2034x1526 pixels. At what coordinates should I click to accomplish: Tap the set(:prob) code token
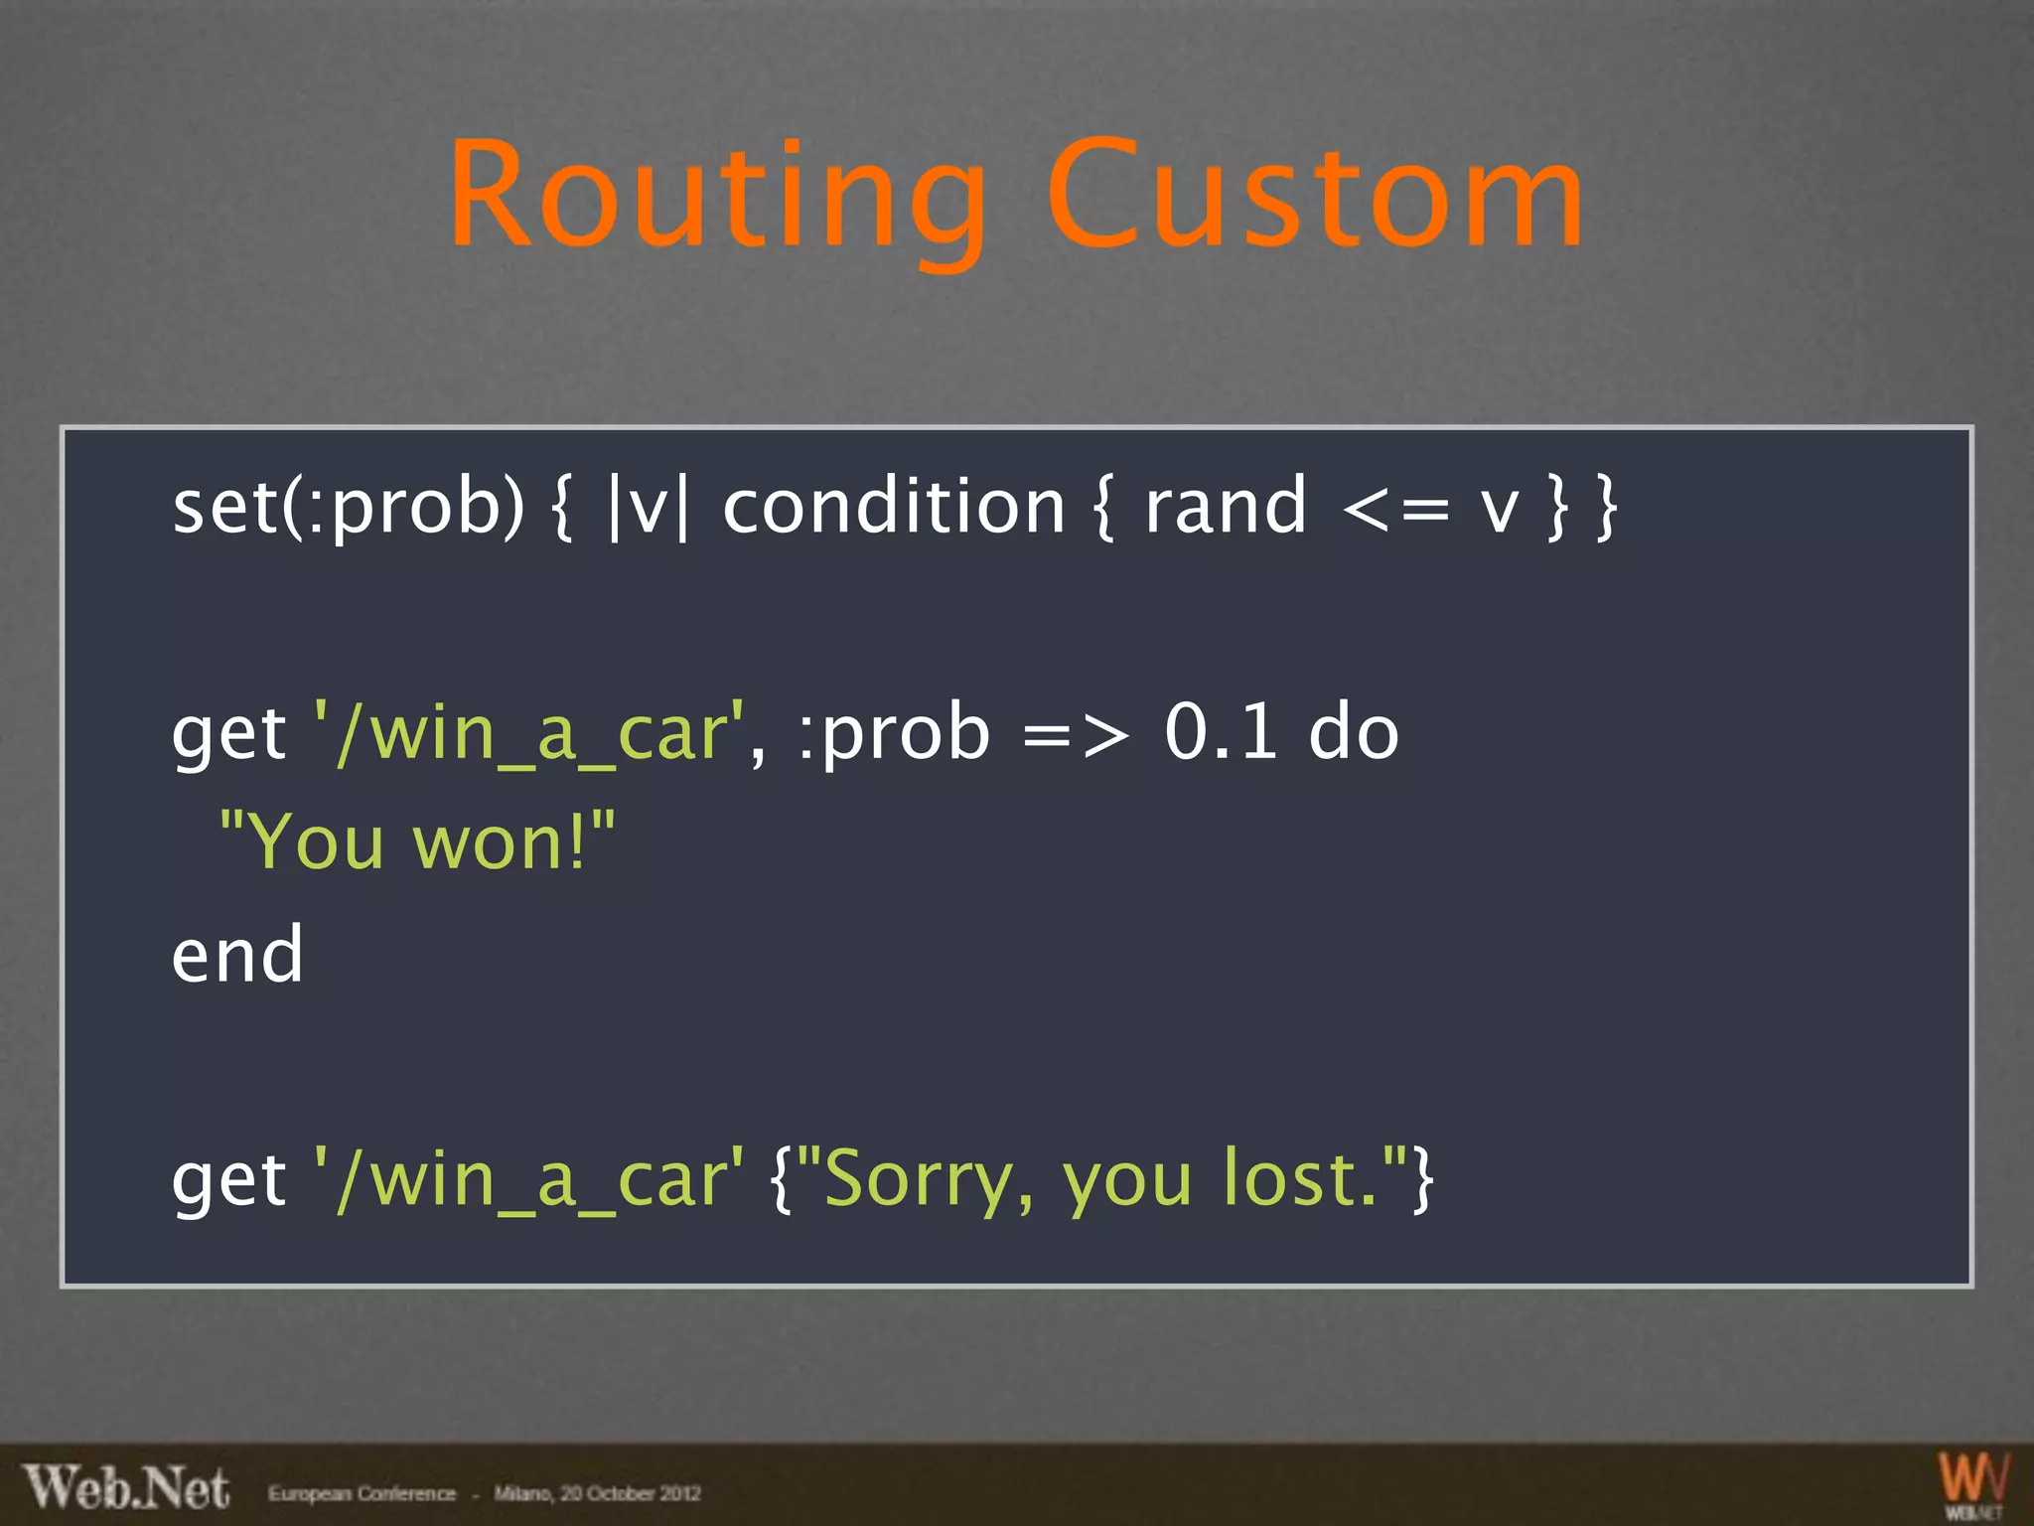pos(348,507)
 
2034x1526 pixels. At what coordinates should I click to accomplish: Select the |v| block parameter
pos(647,507)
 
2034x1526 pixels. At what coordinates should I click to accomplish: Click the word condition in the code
pos(893,507)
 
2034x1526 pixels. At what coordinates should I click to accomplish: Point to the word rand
pos(1225,507)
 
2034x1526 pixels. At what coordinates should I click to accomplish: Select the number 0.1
pos(1221,732)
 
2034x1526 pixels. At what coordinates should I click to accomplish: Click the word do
pos(1354,732)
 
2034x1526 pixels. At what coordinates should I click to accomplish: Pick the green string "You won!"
pos(417,842)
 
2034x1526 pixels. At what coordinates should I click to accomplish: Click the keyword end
pos(237,955)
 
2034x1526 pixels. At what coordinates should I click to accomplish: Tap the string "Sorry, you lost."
pos(1102,1179)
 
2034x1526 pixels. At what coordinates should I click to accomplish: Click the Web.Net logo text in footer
pos(126,1488)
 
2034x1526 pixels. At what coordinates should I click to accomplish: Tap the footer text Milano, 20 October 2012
pos(597,1493)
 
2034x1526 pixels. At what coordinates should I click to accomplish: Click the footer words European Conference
pos(362,1493)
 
